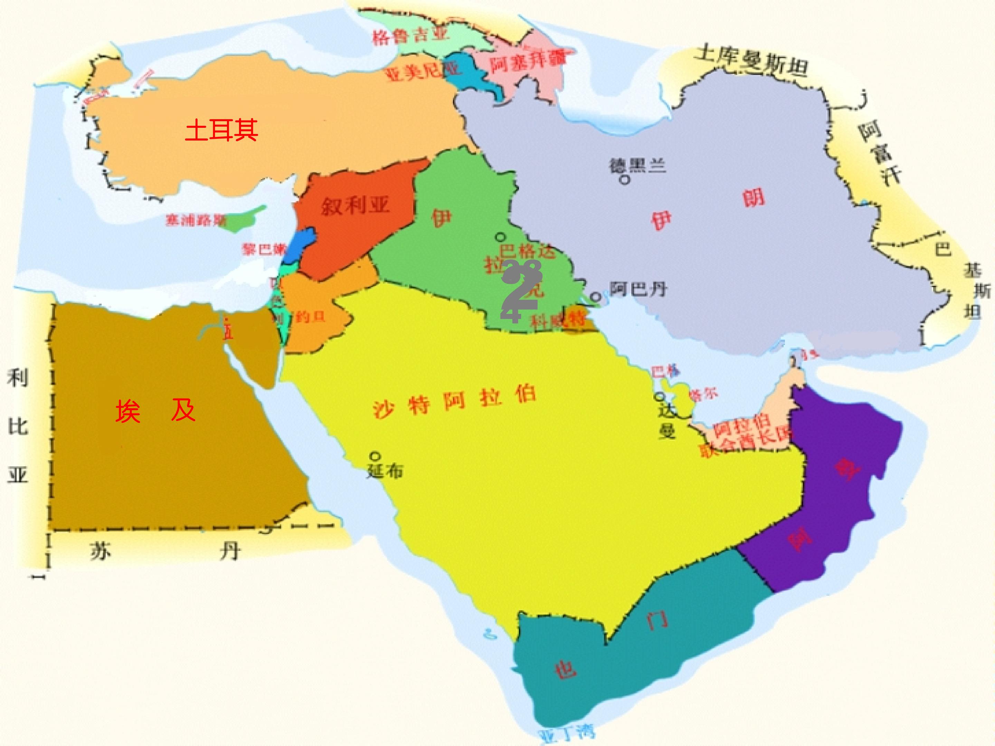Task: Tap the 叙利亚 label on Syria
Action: click(355, 206)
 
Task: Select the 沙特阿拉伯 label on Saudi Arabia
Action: click(454, 402)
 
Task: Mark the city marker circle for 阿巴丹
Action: click(596, 297)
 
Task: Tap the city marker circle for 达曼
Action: click(660, 396)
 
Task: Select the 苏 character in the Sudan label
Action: click(100, 551)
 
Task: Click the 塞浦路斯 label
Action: click(196, 220)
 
